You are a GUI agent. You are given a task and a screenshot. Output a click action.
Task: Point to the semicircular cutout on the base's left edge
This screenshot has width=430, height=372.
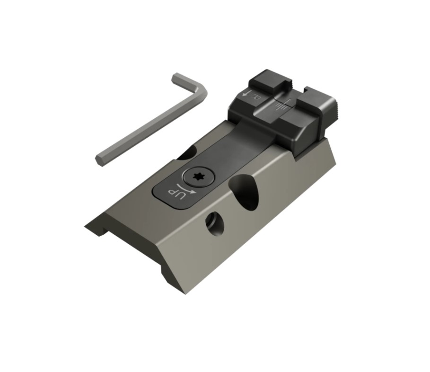(188, 152)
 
